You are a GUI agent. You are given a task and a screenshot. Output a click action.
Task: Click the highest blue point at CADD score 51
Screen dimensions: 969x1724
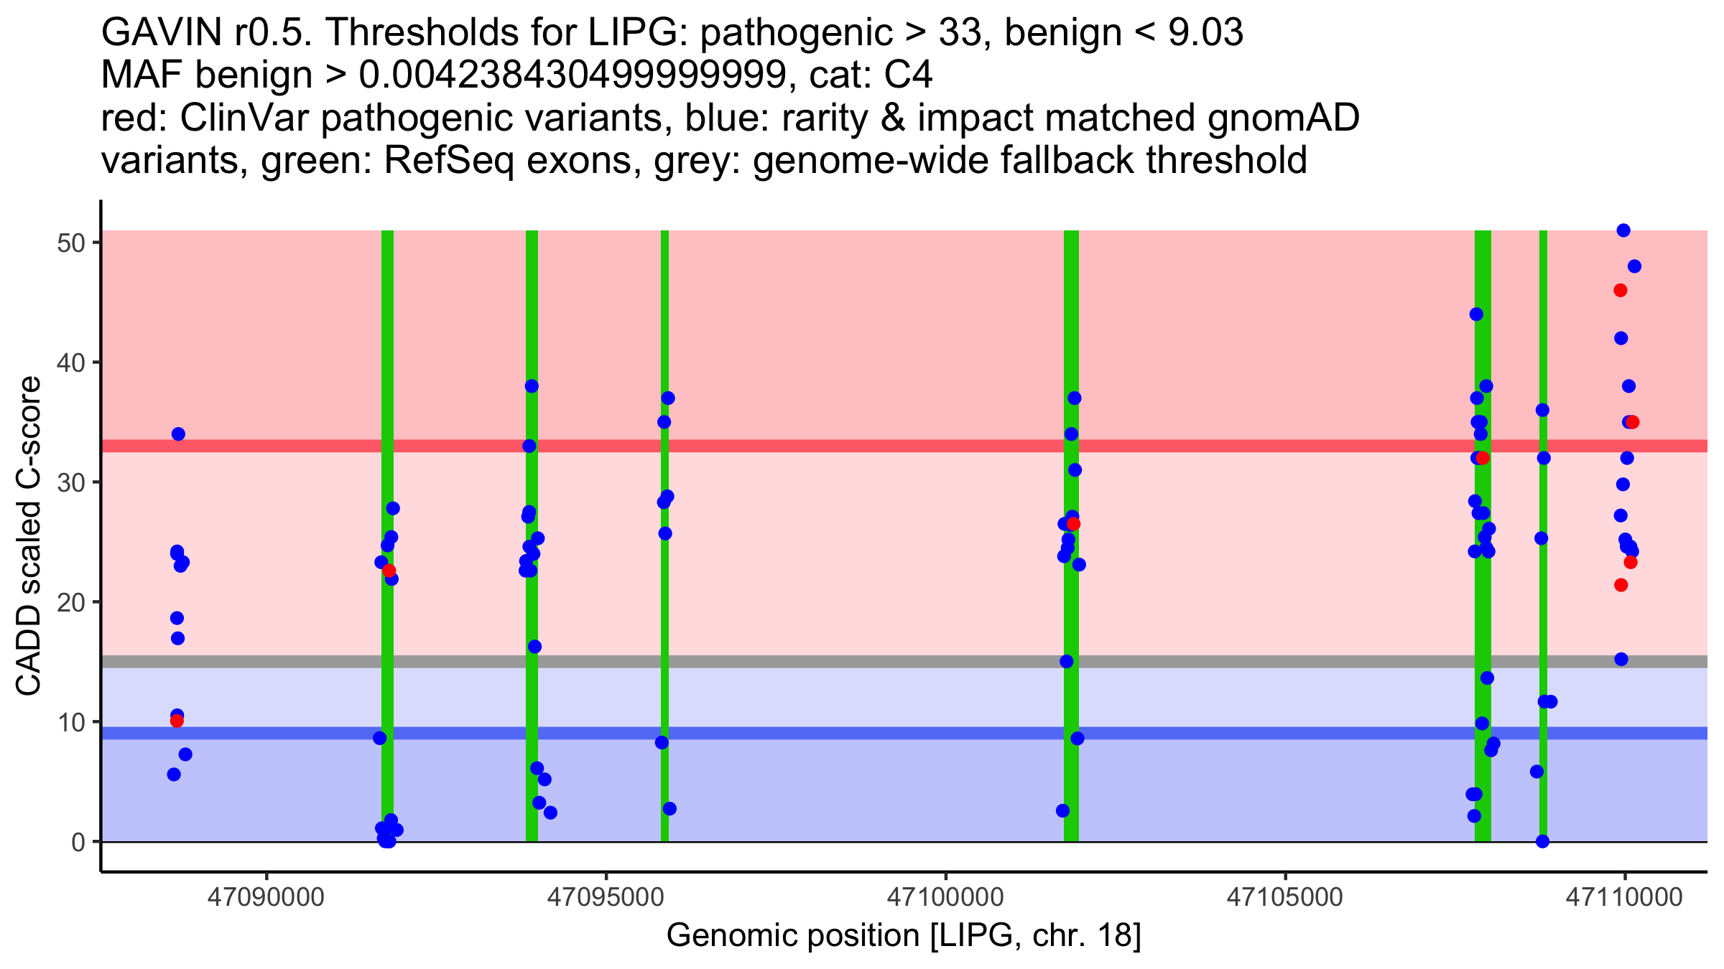click(x=1623, y=230)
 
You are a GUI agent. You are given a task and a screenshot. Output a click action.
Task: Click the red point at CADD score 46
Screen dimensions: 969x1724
click(x=1621, y=290)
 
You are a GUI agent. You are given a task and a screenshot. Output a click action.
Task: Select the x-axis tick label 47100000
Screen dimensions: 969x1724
click(x=945, y=897)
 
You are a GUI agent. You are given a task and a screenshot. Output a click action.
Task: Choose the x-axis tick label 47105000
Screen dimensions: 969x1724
click(x=1284, y=897)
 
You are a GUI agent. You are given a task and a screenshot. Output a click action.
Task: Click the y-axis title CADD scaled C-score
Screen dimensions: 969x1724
click(x=29, y=537)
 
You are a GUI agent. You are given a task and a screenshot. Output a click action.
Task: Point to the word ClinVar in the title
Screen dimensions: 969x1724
click(x=245, y=118)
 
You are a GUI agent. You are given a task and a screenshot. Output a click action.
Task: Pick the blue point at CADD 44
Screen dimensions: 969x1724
click(x=1476, y=314)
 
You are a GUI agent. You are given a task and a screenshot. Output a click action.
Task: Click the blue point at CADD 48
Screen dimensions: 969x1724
click(x=1634, y=266)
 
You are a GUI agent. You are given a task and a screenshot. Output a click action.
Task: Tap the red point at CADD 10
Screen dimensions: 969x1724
click(x=177, y=721)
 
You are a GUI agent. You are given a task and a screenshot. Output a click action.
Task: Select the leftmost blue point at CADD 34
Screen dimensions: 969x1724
click(x=178, y=434)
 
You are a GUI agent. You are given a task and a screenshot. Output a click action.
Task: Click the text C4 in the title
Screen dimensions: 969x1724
click(x=909, y=75)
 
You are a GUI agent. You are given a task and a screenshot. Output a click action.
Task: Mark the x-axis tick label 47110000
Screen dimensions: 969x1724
click(x=1624, y=897)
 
